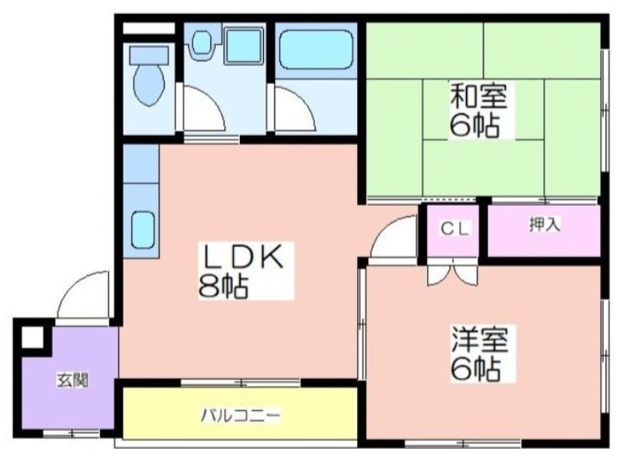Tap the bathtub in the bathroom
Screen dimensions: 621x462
pos(316,50)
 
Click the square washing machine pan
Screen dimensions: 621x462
pos(244,46)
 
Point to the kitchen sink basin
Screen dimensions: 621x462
pos(143,230)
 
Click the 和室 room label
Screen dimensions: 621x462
pos(478,96)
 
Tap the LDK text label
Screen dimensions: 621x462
pos(243,256)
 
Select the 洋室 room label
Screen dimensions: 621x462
pos(480,339)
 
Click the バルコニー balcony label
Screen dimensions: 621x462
pos(241,415)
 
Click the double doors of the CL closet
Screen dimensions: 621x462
pos(453,273)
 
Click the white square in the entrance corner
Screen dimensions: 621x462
pos(32,338)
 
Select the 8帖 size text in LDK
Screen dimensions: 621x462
pos(223,286)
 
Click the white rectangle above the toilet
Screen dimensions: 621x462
pos(148,28)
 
